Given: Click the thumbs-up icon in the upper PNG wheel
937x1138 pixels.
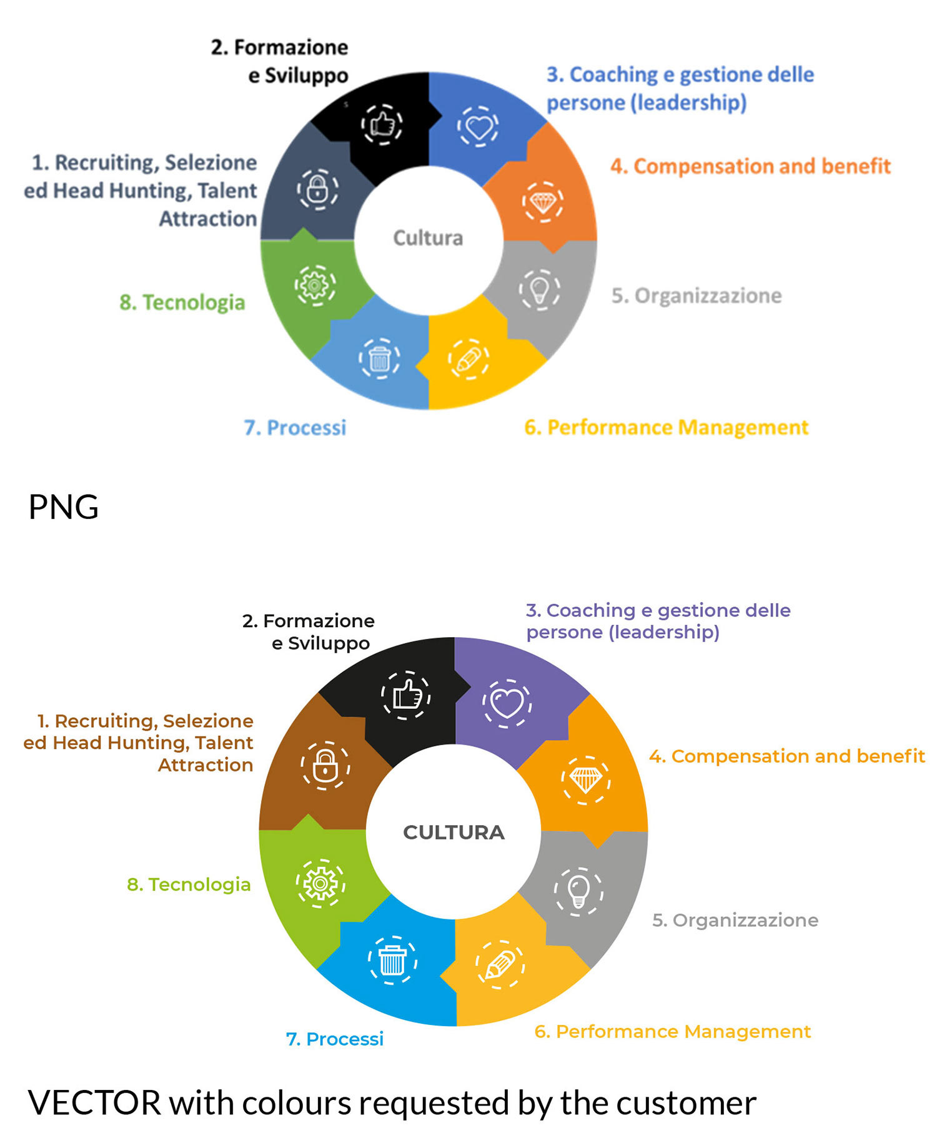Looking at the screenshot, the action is tap(382, 124).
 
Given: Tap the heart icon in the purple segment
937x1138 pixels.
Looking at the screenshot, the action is tap(507, 703).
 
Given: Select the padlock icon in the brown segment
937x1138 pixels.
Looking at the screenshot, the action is tap(325, 765).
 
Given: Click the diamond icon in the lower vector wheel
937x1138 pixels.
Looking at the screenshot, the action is tap(585, 779).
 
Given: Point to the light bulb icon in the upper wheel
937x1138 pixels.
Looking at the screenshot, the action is tap(539, 289).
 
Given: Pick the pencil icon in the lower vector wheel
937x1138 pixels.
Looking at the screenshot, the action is tap(500, 964).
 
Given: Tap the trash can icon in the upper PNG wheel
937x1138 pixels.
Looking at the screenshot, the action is tap(379, 359).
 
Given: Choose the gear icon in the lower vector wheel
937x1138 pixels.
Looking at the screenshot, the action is tap(320, 883).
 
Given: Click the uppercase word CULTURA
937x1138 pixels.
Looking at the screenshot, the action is tap(454, 832).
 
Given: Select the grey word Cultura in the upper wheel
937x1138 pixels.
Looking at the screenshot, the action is tap(428, 238).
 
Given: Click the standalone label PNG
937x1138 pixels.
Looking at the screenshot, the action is tap(64, 507).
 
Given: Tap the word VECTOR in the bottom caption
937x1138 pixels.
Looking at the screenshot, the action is tap(95, 1102).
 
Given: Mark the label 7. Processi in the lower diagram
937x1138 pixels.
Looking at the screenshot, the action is tap(335, 1039).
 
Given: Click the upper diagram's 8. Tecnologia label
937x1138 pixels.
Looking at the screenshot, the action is tap(182, 302).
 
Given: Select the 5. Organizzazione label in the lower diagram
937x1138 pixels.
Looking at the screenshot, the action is tap(735, 920).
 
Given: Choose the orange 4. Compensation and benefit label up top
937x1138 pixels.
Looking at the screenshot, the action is tap(750, 166).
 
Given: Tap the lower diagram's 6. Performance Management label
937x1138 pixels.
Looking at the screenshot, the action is tap(673, 1031).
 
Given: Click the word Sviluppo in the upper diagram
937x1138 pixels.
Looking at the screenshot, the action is tap(307, 76).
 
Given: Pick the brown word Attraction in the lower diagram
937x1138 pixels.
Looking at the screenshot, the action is tap(206, 764).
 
